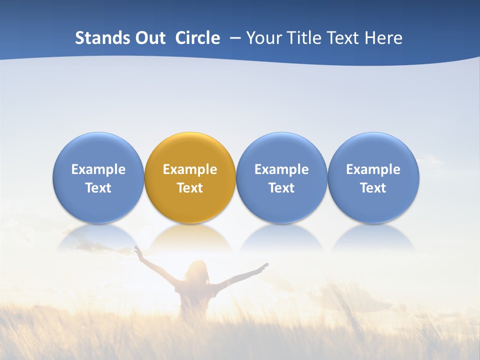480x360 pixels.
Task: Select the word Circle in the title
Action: [x=197, y=38]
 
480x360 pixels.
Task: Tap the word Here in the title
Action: [x=384, y=38]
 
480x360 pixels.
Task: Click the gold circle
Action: [x=190, y=177]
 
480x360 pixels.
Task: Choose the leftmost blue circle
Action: [x=98, y=177]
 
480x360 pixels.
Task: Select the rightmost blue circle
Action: [x=373, y=177]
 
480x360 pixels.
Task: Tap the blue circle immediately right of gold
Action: [x=281, y=177]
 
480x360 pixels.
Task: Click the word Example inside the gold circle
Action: [x=190, y=169]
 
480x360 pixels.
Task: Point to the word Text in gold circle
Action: [x=190, y=188]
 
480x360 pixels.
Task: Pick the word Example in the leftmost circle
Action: [x=98, y=169]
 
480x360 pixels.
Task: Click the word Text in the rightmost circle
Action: [x=373, y=188]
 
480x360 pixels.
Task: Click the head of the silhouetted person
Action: [x=196, y=270]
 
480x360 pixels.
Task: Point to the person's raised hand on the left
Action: [x=137, y=249]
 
